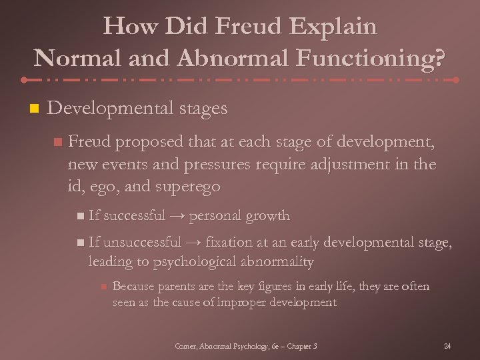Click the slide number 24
tap(447, 346)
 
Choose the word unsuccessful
tap(141, 243)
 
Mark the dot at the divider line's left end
tap(24, 79)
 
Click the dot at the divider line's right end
tap(456, 79)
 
